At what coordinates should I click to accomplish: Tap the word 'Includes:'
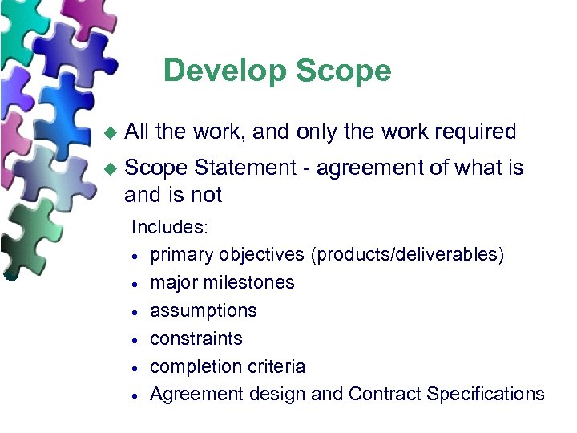[170, 227]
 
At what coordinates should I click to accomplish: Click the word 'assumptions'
[204, 310]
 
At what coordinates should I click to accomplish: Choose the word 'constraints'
[196, 338]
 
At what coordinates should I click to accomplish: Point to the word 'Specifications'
[486, 395]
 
